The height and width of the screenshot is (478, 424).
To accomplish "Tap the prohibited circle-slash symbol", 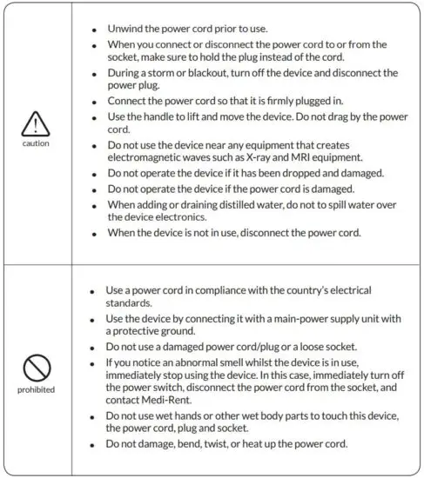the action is (x=36, y=369).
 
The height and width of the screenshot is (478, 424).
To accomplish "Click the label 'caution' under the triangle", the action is (x=36, y=143).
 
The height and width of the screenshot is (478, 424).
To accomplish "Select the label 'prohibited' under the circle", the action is (x=36, y=389).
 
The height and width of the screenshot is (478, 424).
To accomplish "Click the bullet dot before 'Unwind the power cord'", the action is (x=94, y=29).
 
